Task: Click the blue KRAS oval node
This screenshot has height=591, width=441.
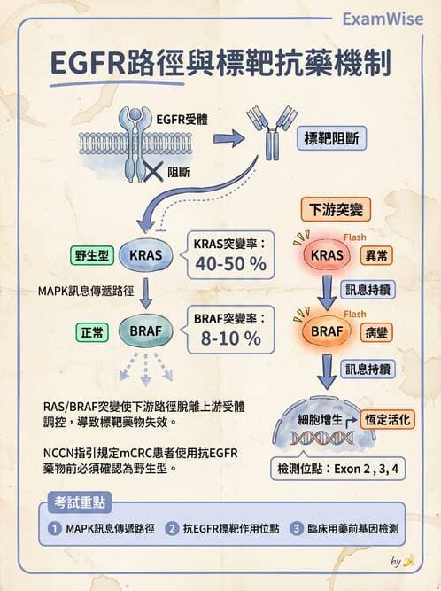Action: (144, 255)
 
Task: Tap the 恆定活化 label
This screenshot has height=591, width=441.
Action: (386, 419)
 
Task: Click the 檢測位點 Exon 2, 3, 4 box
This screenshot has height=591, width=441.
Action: (337, 467)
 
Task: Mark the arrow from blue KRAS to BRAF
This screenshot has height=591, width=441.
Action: (144, 293)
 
